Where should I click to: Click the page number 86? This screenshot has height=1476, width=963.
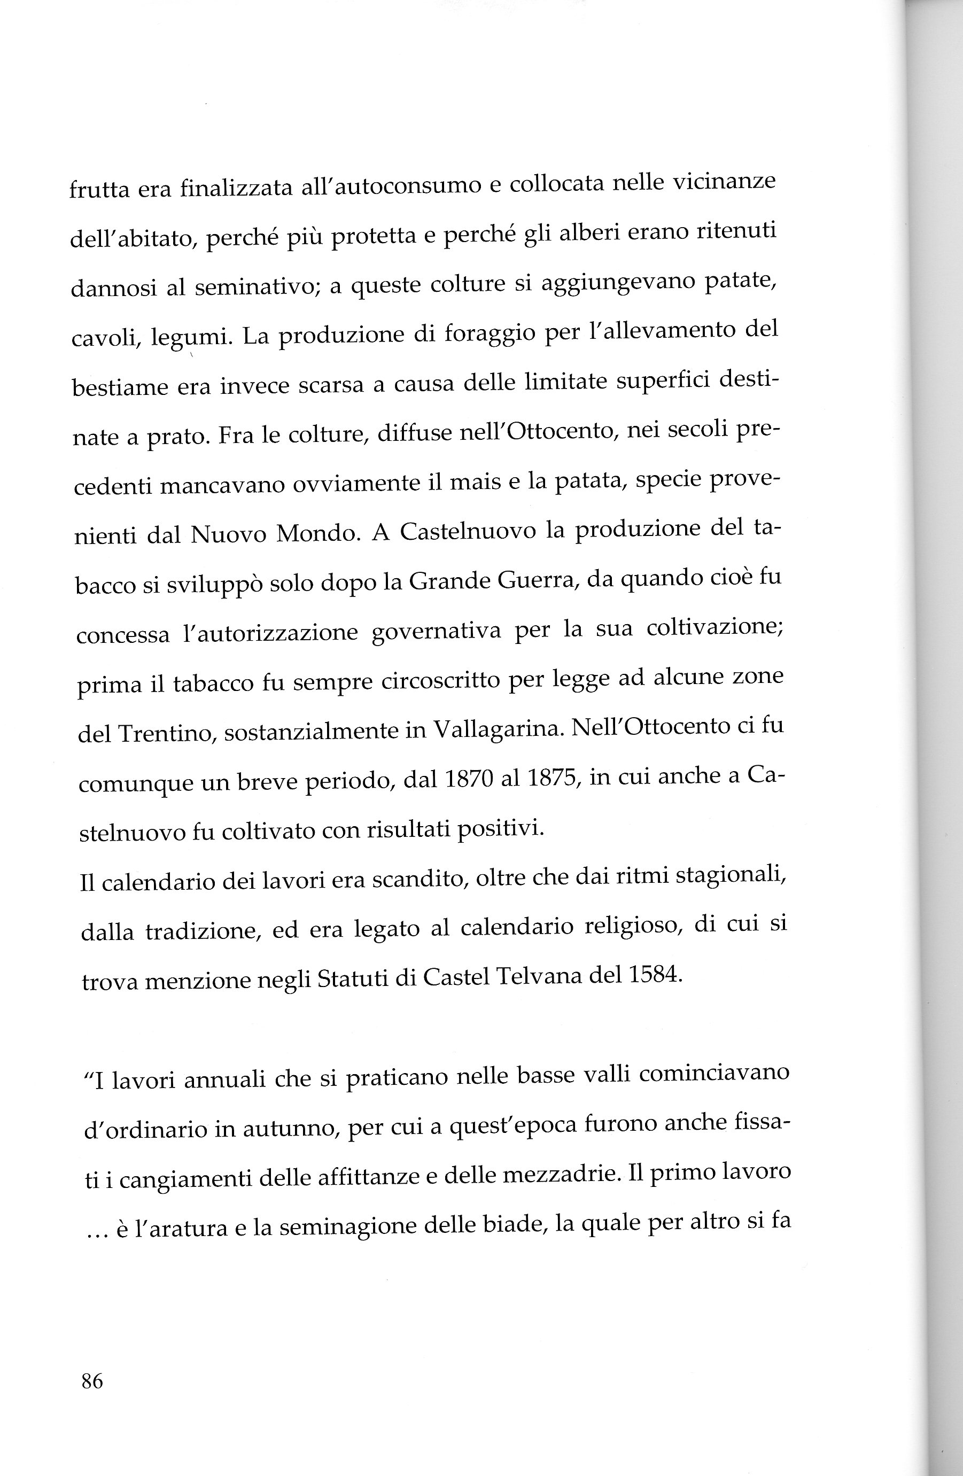pos(92,1381)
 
